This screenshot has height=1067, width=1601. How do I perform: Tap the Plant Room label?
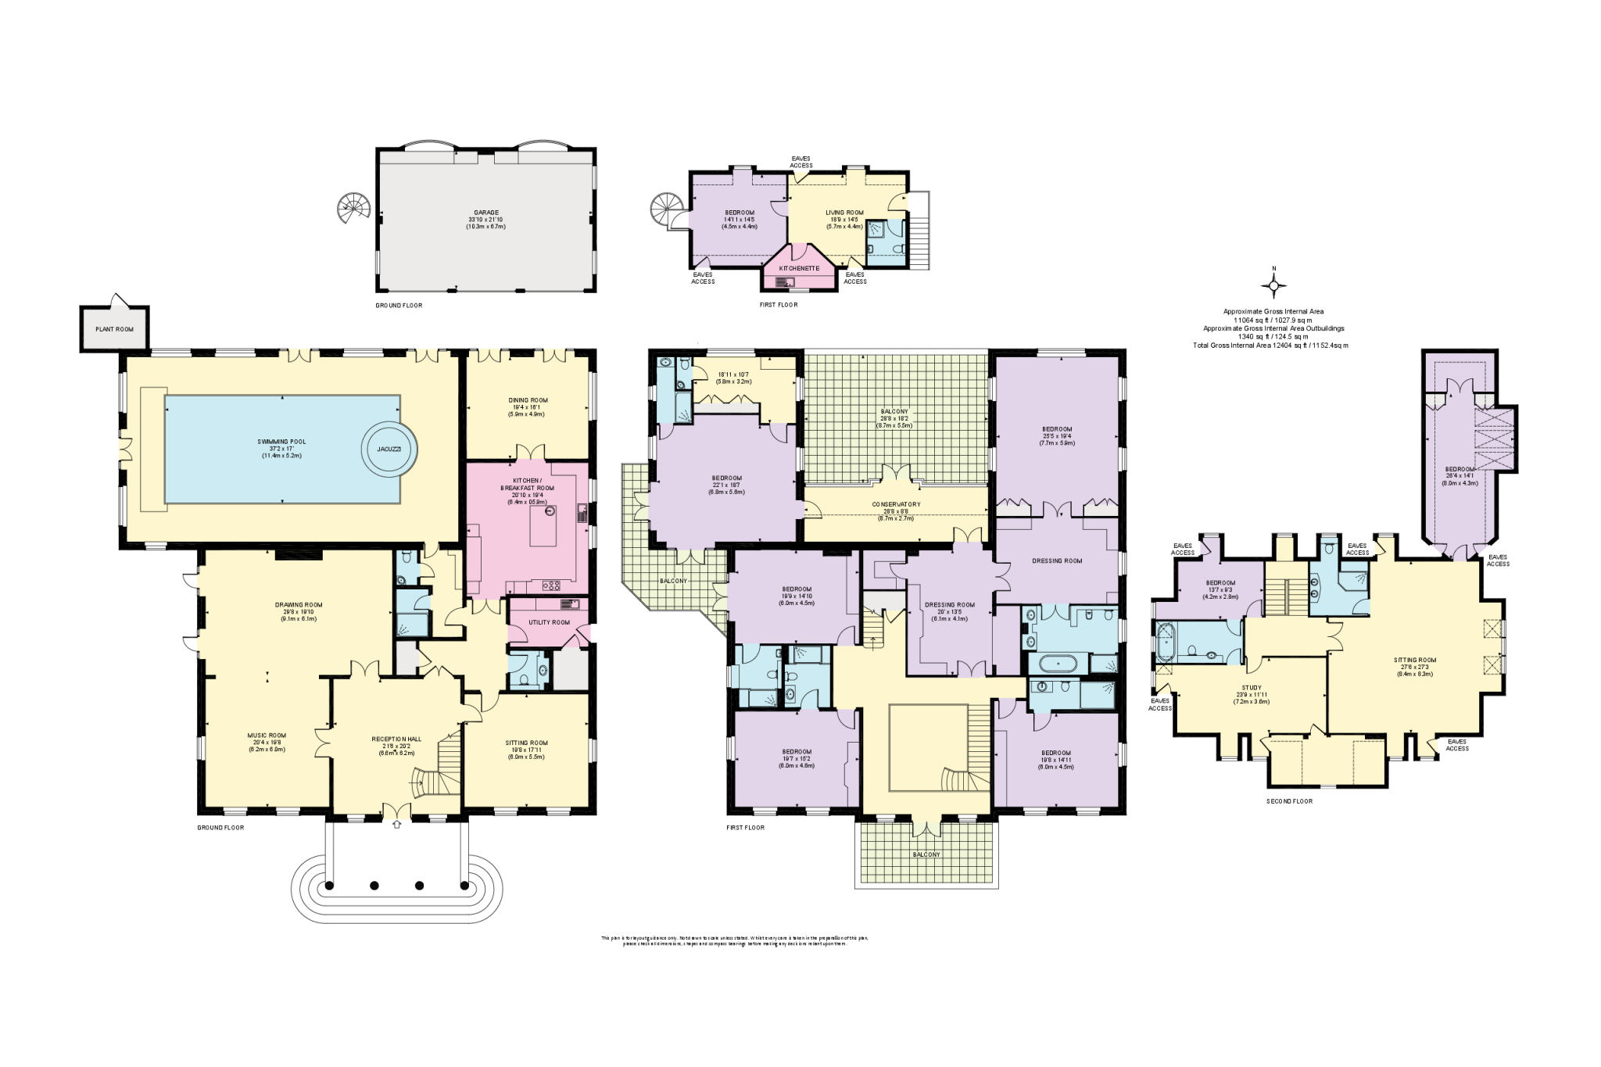click(115, 329)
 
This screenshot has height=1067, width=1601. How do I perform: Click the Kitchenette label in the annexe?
click(799, 268)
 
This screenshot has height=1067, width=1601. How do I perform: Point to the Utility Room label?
click(550, 622)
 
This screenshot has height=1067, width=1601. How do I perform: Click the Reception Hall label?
click(396, 738)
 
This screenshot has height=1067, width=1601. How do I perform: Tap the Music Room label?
click(267, 735)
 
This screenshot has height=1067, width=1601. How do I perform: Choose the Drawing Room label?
click(298, 604)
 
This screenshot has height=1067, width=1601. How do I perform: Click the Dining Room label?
click(527, 400)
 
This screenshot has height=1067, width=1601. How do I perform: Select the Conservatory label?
click(896, 504)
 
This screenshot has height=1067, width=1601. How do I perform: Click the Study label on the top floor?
click(1251, 689)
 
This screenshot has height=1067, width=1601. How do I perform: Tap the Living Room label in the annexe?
click(844, 213)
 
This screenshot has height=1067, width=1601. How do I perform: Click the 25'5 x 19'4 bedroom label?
click(1057, 429)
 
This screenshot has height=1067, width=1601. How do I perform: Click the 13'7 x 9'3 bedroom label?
click(1220, 583)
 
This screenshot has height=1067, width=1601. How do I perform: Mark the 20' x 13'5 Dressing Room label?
click(949, 604)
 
